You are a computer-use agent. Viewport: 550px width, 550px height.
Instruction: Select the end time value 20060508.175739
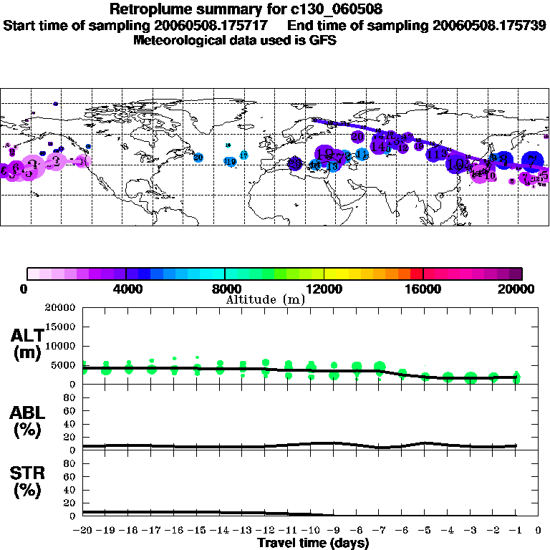[489, 26]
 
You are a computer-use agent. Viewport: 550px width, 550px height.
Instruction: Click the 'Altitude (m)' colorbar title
[265, 299]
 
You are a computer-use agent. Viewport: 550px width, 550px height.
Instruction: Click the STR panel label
[28, 482]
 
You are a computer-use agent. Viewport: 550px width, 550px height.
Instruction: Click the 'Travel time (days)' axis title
[313, 544]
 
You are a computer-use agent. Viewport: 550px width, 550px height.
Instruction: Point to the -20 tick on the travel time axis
[83, 531]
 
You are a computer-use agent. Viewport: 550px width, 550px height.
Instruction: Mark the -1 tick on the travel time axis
[516, 531]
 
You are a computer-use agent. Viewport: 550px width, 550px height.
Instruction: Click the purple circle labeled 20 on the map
[358, 136]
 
